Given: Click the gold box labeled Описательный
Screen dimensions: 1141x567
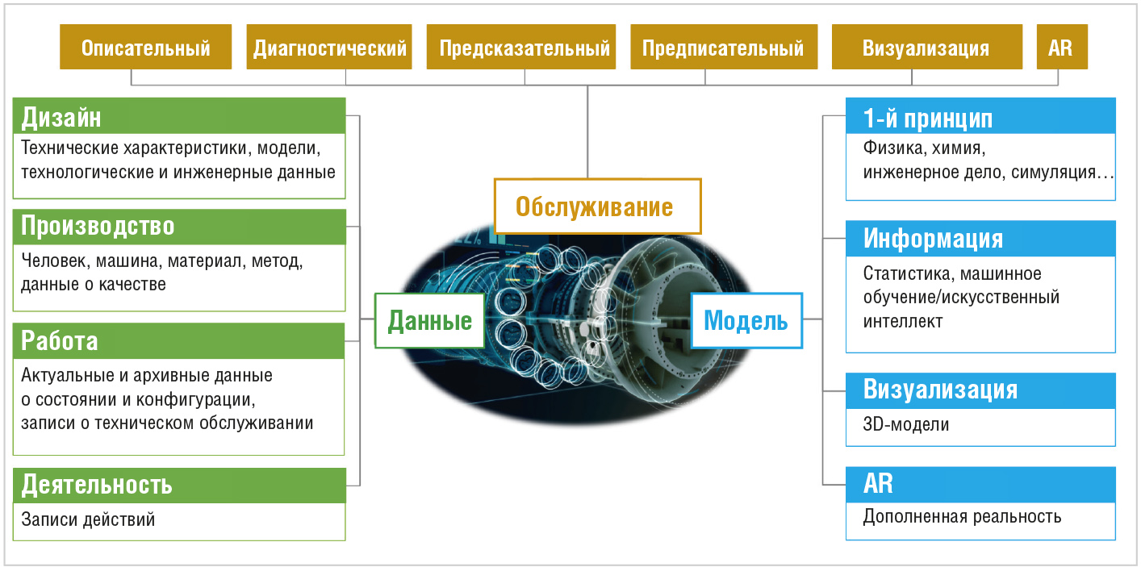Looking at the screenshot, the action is coord(146,47).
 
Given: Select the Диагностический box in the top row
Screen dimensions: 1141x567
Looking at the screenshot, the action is coord(329,47).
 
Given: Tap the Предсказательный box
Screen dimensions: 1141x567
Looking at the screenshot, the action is coord(521,47).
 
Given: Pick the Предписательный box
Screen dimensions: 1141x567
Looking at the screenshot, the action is coord(724,47).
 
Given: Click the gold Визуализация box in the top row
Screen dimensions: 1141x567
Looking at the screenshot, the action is coord(927,47).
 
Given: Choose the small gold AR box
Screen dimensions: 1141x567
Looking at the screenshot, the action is coord(1062,47).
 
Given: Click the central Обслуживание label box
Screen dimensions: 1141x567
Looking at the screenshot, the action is coord(597,206).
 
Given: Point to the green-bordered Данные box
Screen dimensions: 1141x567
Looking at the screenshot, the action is coord(429,321).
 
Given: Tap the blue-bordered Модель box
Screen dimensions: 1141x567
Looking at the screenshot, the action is coord(746,321).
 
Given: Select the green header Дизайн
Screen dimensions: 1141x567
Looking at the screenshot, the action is coord(179,116).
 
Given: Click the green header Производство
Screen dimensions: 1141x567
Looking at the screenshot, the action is coord(179,227).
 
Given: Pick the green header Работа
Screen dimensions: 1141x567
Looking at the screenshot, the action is coord(179,341).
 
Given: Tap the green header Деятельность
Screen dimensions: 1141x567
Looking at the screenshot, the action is coord(179,486).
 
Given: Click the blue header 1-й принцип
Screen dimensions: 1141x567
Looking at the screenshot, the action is coord(980,116).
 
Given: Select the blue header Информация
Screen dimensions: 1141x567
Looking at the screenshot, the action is coord(980,238).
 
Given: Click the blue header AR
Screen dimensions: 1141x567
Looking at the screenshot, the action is coord(980,485).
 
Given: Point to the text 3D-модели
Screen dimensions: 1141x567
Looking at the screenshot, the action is coord(905,424).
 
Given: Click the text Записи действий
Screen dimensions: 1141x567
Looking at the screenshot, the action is coord(88,519).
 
